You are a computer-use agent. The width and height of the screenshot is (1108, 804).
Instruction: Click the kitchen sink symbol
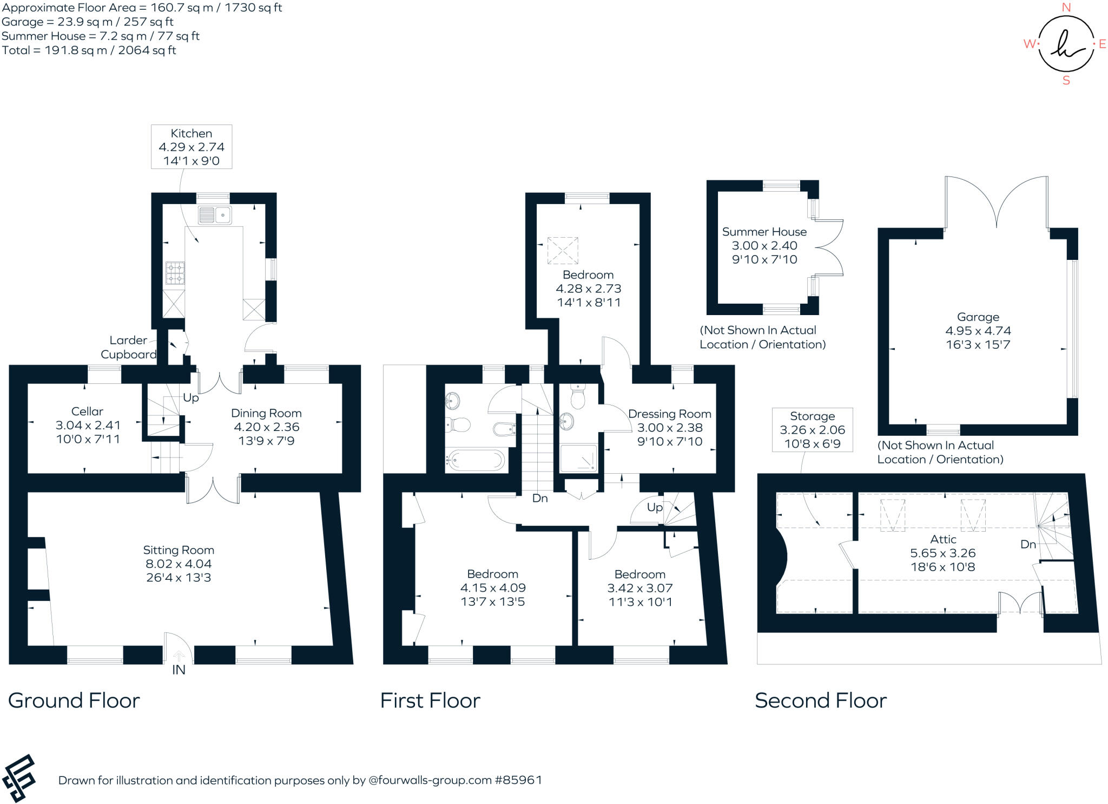point(215,215)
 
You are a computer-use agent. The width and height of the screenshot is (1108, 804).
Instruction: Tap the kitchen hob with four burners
point(175,272)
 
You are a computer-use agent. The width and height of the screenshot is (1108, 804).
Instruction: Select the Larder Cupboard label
point(128,347)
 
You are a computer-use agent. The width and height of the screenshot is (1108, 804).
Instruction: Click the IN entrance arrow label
point(179,669)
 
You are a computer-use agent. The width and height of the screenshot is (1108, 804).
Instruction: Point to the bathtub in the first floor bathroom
point(475,460)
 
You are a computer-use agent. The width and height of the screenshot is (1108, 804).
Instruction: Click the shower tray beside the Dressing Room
point(578,457)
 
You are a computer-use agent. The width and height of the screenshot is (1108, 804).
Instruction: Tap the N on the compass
point(1066,8)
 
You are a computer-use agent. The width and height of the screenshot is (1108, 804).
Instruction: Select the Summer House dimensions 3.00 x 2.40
point(764,245)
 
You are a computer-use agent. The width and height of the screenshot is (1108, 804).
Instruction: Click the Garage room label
point(978,317)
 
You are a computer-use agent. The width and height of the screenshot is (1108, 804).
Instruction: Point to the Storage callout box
point(812,429)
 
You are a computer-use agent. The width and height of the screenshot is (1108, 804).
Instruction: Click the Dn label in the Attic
point(1028,544)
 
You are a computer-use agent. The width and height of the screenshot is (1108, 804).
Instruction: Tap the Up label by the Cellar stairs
point(190,397)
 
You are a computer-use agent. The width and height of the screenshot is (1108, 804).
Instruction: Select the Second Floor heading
point(820,700)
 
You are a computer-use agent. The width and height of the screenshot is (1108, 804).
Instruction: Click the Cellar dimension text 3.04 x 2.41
point(88,425)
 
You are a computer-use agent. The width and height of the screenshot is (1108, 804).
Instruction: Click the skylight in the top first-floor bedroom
point(563,250)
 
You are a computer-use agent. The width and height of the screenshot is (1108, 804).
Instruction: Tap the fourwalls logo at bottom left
point(18,778)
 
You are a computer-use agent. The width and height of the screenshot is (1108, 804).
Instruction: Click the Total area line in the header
point(89,50)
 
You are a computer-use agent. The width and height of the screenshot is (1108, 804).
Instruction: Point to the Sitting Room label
point(179,550)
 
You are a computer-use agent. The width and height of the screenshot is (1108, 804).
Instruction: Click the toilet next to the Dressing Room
point(578,396)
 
